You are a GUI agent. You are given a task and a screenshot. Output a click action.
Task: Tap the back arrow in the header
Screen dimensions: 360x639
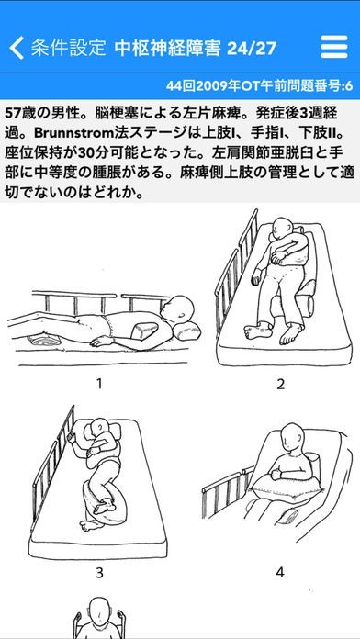(x=16, y=48)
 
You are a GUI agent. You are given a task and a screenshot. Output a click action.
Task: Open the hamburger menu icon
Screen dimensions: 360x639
(x=334, y=47)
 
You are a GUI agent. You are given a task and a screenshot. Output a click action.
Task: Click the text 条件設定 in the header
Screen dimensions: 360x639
(x=69, y=48)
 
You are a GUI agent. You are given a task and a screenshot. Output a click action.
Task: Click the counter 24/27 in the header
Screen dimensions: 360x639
(x=252, y=49)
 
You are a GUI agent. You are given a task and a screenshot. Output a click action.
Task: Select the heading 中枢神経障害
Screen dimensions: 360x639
(x=167, y=49)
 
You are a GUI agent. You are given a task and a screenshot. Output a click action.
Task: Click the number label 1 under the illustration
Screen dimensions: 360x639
(x=98, y=384)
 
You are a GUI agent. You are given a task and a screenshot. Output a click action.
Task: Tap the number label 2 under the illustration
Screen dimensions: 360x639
(x=280, y=384)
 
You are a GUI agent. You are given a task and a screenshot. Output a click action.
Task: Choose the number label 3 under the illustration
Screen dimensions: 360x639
(x=99, y=573)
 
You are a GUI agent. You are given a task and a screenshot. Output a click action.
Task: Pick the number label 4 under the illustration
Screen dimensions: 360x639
(x=280, y=573)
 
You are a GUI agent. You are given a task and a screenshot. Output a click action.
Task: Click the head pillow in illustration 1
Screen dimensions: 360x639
(x=187, y=331)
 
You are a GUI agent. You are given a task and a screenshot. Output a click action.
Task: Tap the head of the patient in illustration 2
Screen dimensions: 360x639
(x=284, y=229)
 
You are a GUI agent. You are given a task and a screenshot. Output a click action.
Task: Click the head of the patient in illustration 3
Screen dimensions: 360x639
(x=98, y=430)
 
